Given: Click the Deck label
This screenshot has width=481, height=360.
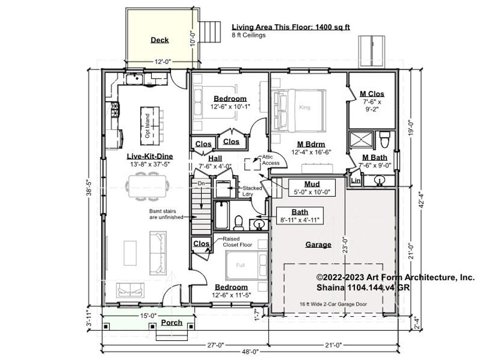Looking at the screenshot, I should tap(160, 40).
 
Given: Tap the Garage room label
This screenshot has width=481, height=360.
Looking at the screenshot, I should tap(318, 245).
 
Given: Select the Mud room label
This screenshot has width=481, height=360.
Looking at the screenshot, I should tap(312, 184).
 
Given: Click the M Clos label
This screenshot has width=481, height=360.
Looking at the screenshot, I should tap(372, 94).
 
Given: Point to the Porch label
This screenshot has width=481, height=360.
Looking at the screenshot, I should tap(171, 322).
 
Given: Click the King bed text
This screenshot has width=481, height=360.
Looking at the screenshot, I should tap(304, 107).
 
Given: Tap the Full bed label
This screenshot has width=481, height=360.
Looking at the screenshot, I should tap(240, 265).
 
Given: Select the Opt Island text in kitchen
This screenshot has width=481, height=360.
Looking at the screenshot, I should tap(147, 125).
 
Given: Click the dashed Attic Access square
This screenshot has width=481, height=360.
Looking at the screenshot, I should tap(252, 163).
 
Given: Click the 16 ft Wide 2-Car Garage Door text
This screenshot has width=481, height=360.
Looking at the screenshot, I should tap(333, 304).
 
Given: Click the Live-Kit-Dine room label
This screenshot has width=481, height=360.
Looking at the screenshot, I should tap(143, 156).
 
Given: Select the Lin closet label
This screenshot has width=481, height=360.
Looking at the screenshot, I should tap(356, 180).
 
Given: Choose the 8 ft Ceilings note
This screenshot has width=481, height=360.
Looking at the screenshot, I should tap(248, 35).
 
